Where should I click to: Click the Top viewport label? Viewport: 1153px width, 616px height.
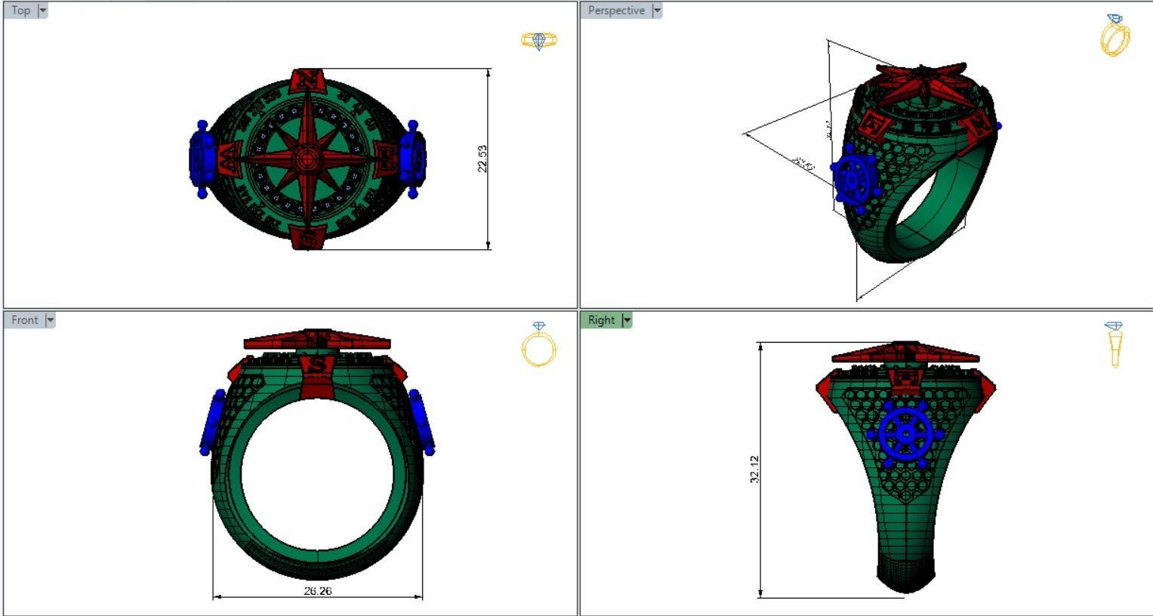pyautogui.click(x=20, y=11)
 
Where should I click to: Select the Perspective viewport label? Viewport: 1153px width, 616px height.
pyautogui.click(x=616, y=11)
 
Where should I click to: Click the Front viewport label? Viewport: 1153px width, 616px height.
pyautogui.click(x=24, y=320)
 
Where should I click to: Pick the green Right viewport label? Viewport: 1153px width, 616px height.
pyautogui.click(x=601, y=320)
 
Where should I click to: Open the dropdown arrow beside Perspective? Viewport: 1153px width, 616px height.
pyautogui.click(x=657, y=11)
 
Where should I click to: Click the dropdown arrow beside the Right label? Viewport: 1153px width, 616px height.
pyautogui.click(x=626, y=320)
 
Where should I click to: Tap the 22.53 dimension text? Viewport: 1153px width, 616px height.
pyautogui.click(x=482, y=159)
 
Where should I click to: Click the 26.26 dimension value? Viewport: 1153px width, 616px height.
pyautogui.click(x=317, y=591)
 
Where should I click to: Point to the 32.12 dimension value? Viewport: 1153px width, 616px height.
pyautogui.click(x=754, y=469)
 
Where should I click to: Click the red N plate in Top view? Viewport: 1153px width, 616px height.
pyautogui.click(x=307, y=79)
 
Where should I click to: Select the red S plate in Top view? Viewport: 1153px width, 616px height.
pyautogui.click(x=307, y=239)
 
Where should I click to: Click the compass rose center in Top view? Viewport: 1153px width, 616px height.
pyautogui.click(x=307, y=159)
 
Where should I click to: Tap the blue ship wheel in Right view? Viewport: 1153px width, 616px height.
pyautogui.click(x=905, y=435)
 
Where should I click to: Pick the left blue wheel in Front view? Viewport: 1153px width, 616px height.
pyautogui.click(x=212, y=423)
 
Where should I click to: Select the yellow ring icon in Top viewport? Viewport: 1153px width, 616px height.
pyautogui.click(x=539, y=41)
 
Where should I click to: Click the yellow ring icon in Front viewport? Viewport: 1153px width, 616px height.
pyautogui.click(x=538, y=346)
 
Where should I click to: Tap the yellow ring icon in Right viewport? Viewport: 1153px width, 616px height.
pyautogui.click(x=1114, y=344)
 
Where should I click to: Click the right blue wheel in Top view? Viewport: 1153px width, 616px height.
pyautogui.click(x=412, y=159)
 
